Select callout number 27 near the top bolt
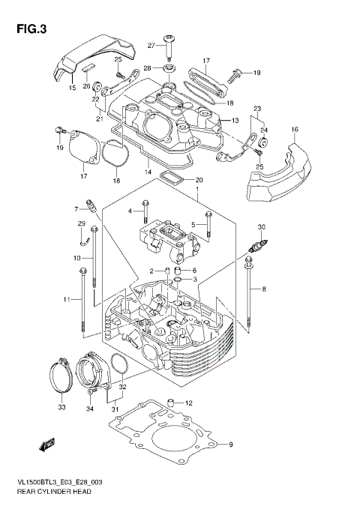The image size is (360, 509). pos(151,46)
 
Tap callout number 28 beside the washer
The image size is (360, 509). pos(148,68)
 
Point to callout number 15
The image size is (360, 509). pos(73,88)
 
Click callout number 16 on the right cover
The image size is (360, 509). pos(295,130)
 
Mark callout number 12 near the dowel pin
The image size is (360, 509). pos(189,403)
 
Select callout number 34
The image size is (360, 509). pos(90,409)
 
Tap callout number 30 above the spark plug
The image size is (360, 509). pos(262,227)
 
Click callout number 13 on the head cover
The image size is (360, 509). pos(235,121)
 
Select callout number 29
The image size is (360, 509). pos(81,224)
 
